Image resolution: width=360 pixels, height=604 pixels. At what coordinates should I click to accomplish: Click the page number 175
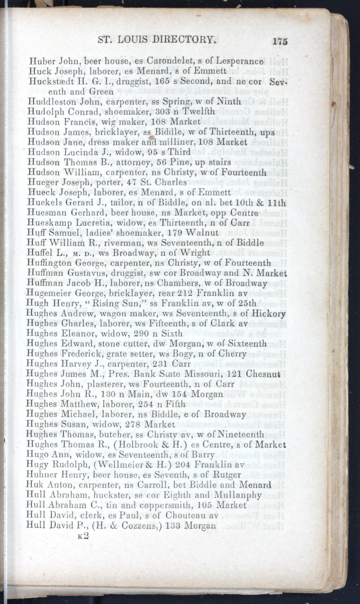coord(279,40)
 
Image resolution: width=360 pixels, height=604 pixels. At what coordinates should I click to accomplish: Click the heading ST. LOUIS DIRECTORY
coord(157,40)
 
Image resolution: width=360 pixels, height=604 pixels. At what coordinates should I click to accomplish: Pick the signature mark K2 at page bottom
coord(83,535)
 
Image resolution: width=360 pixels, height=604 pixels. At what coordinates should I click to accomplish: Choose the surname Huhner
coord(42,475)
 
